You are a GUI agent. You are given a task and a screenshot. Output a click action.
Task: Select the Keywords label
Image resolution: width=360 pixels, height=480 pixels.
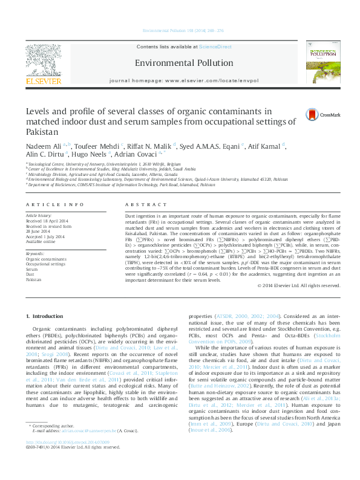click(35, 253)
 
